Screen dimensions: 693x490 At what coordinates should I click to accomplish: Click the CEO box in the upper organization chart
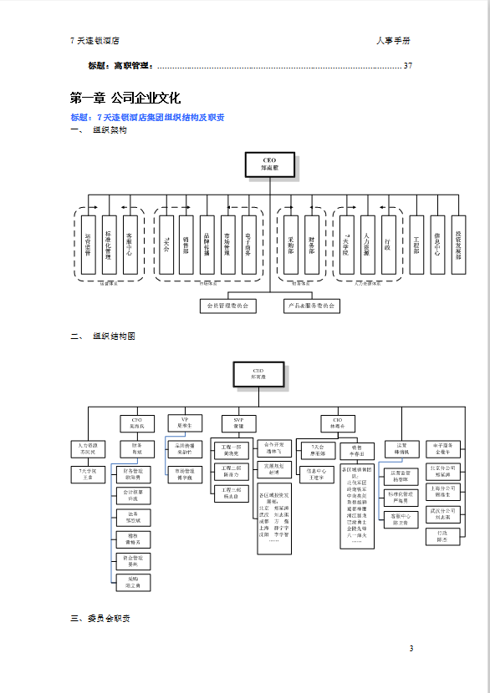click(269, 164)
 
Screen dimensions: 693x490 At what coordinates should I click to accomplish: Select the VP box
click(185, 422)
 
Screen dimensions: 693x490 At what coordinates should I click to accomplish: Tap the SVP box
click(238, 423)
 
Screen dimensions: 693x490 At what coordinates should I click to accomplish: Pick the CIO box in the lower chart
click(337, 423)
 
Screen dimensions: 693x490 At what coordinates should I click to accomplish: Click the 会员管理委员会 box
click(227, 306)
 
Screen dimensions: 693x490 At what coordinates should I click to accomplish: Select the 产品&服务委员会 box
click(312, 306)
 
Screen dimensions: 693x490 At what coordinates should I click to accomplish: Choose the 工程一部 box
click(231, 450)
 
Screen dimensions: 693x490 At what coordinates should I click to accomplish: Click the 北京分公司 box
click(442, 471)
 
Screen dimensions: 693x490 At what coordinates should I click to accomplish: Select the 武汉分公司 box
click(442, 513)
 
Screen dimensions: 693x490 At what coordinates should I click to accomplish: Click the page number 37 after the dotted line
click(408, 66)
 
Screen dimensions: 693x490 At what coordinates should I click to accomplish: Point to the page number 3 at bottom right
click(411, 649)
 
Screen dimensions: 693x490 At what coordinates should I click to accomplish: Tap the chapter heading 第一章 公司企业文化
click(125, 98)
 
